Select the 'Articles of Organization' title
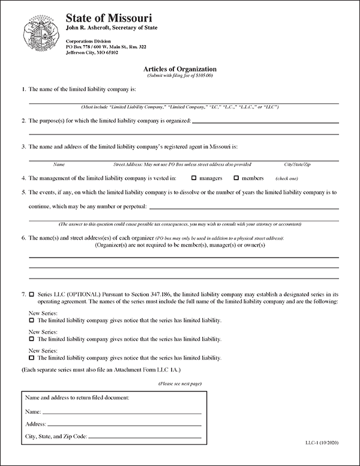coord(181,69)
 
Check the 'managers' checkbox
coord(194,178)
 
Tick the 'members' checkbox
coord(236,178)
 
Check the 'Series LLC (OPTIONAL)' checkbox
coord(31,295)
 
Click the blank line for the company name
coord(180,102)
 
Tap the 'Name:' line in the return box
coord(123,413)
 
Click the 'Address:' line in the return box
coord(126,425)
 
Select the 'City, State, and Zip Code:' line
coord(147,436)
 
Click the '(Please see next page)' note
coord(180,383)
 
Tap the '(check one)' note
coord(286,179)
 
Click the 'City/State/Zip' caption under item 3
coord(297,164)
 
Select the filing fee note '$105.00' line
coord(181,76)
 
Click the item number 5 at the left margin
coord(23,193)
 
